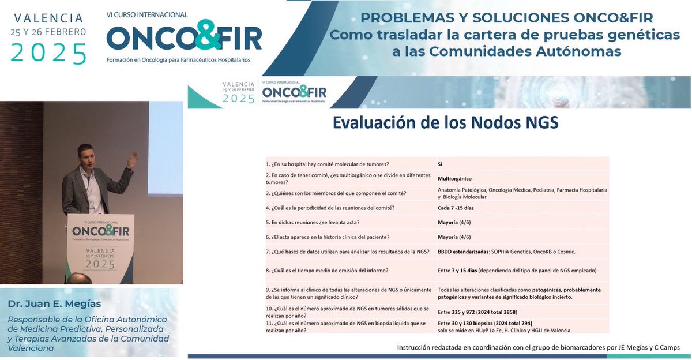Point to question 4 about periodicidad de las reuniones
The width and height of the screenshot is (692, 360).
click(333, 208)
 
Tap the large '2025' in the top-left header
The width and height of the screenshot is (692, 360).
click(49, 53)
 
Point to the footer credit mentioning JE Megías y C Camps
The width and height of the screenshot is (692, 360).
click(539, 347)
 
